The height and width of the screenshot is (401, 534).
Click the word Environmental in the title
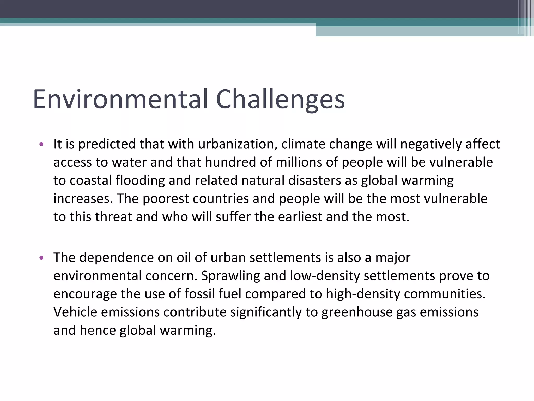120,99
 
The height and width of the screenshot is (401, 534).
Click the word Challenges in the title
280,99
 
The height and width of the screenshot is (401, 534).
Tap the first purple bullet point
41,144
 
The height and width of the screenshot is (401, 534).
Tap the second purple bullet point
41,258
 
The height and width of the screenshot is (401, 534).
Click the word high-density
363,294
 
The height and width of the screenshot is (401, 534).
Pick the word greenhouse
357,312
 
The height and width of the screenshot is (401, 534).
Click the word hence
98,331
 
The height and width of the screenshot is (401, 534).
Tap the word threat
113,217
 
